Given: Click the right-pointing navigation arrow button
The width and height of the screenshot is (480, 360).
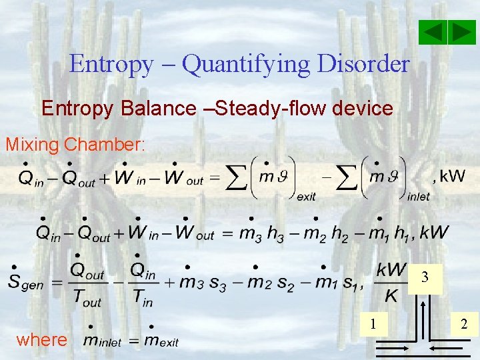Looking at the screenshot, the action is pyautogui.click(x=462, y=33).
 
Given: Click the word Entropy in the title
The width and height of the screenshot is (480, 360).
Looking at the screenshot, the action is pyautogui.click(x=111, y=64).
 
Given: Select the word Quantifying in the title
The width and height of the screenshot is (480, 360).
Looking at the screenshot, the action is pyautogui.click(x=246, y=65).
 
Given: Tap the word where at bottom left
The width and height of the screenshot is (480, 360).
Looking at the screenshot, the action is pyautogui.click(x=41, y=340).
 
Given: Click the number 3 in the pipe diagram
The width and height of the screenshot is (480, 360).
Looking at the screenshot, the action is pyautogui.click(x=425, y=277).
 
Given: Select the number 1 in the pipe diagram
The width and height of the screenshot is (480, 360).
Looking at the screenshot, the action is pyautogui.click(x=374, y=324).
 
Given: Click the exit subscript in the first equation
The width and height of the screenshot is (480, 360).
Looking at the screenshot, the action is pyautogui.click(x=306, y=197).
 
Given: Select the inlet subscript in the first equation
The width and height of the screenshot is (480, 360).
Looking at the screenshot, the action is pyautogui.click(x=417, y=197).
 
